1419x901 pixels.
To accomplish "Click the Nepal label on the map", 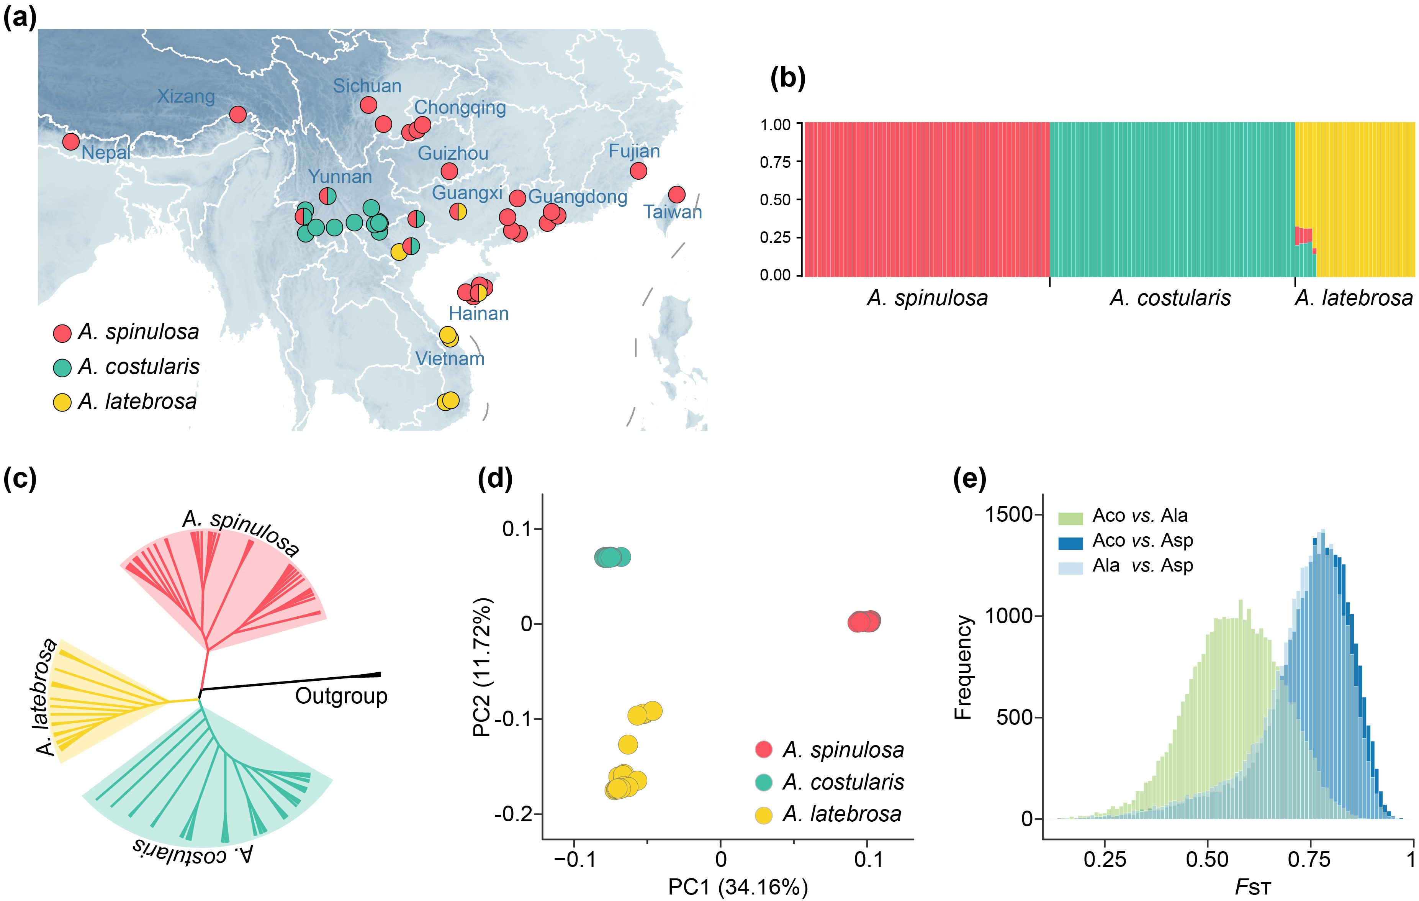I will [106, 152].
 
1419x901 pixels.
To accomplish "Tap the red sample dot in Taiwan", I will [676, 195].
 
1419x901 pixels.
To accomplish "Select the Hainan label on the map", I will [478, 313].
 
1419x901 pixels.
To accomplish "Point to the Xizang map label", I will [186, 96].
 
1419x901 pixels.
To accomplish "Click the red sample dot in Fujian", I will [638, 171].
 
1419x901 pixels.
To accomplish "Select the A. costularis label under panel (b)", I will [1170, 298].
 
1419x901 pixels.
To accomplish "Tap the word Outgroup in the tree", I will [341, 696].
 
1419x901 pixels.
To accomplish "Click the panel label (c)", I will [20, 478].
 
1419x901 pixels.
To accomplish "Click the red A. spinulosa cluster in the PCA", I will [864, 621].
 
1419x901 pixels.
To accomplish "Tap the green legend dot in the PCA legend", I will [764, 783].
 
